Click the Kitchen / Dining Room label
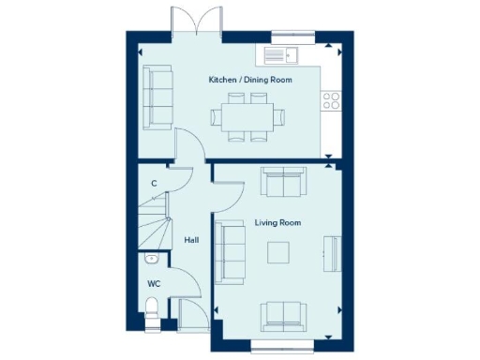click(250, 80)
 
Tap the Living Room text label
click(277, 222)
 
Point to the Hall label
click(191, 240)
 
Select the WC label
click(154, 282)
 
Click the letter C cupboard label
click(154, 183)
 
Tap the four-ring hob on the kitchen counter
click(331, 99)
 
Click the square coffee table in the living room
click(278, 252)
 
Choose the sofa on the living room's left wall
click(228, 251)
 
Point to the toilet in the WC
click(153, 309)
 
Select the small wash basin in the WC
click(152, 258)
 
